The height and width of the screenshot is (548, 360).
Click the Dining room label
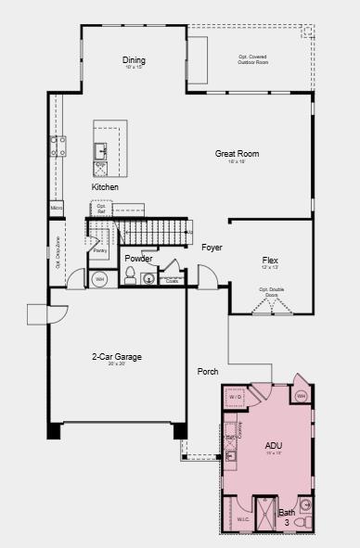point(134,61)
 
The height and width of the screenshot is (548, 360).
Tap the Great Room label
point(237,154)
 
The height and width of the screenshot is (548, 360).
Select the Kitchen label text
point(105,187)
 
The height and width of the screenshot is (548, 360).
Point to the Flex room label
point(270,261)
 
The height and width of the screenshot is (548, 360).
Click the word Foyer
point(212,248)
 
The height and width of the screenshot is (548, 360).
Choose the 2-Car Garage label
point(116,356)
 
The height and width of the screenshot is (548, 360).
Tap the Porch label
point(208,372)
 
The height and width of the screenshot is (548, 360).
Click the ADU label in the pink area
point(273,445)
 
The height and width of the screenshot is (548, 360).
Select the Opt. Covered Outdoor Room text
point(252,60)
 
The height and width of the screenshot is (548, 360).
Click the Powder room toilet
point(131,274)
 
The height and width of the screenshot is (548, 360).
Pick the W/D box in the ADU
point(237,398)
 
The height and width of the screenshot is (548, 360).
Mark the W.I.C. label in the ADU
point(242,519)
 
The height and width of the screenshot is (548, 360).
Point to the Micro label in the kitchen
point(57,209)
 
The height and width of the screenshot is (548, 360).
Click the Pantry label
point(99,249)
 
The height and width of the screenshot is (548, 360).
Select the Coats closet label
point(172,280)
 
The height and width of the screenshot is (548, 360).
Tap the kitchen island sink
point(100,150)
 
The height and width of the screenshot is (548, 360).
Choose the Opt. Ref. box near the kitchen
point(102,210)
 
